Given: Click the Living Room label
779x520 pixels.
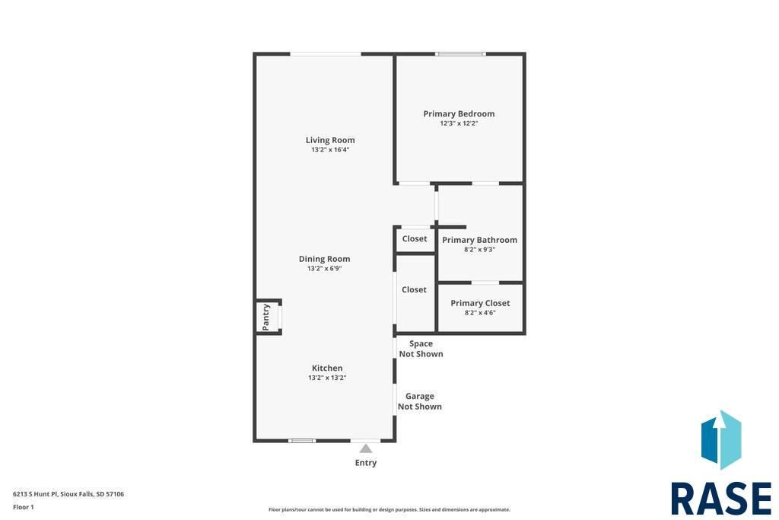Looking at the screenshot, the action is (x=330, y=140).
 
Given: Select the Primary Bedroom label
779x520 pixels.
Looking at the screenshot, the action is (x=459, y=114).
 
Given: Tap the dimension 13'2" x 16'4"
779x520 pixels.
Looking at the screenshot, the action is (x=330, y=150).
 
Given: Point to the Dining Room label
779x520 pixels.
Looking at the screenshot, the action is (x=324, y=259).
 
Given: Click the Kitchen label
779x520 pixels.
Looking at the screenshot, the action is (x=327, y=368).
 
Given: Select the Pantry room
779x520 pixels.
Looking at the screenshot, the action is (x=268, y=317).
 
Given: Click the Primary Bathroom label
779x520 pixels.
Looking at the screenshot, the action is (x=479, y=240).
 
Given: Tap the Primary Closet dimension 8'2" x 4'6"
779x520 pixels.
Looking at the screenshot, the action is (x=480, y=313).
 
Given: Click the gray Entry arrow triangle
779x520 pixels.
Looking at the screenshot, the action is (x=366, y=448).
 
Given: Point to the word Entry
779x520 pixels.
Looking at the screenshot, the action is (x=366, y=463).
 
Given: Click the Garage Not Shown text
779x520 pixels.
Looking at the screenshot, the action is (x=420, y=401).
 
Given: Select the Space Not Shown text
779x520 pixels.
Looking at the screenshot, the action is (x=421, y=349).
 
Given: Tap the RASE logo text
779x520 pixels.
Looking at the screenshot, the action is (x=721, y=499).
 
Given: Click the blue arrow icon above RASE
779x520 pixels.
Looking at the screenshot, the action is (x=721, y=440).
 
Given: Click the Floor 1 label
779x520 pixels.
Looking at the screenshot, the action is (x=24, y=507).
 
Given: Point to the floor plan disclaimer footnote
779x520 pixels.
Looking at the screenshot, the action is (x=389, y=509).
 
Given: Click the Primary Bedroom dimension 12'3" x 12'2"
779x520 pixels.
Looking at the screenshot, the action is (x=459, y=123).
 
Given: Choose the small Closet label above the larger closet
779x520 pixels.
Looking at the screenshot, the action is (x=415, y=238).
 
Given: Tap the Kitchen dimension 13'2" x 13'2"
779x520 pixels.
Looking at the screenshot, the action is (x=327, y=378).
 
